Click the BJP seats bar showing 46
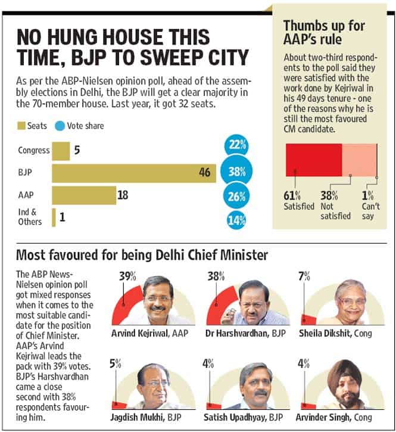pyautogui.click(x=134, y=173)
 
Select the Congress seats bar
pyautogui.click(x=61, y=151)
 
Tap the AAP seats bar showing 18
pyautogui.click(x=84, y=195)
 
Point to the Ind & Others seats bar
pyautogui.click(x=54, y=217)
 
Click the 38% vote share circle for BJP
pyautogui.click(x=236, y=172)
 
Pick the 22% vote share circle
pyautogui.click(x=236, y=145)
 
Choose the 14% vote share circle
pyautogui.click(x=236, y=220)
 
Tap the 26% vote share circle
pyautogui.click(x=236, y=196)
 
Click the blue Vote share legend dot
pyautogui.click(x=60, y=126)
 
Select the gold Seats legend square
pyautogui.click(x=21, y=126)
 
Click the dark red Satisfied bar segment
pyautogui.click(x=314, y=160)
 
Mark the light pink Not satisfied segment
pyautogui.click(x=359, y=160)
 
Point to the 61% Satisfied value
pyautogui.click(x=292, y=196)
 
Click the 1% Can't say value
pyautogui.click(x=367, y=196)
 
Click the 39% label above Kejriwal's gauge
pyautogui.click(x=127, y=276)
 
